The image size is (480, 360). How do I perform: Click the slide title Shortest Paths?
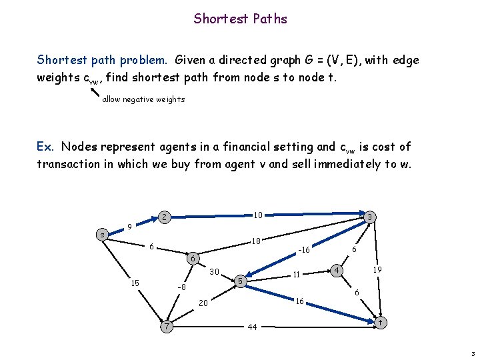(x=240, y=19)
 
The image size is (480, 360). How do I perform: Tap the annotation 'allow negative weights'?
(x=143, y=99)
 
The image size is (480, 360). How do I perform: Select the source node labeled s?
(x=101, y=235)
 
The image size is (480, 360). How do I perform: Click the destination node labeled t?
(x=379, y=322)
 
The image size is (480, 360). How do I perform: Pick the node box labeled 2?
(x=163, y=217)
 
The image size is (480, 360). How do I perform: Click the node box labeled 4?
(x=338, y=270)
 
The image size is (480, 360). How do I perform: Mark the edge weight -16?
(x=304, y=250)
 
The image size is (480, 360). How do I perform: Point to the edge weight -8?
(x=180, y=287)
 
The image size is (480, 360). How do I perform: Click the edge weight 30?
(x=214, y=271)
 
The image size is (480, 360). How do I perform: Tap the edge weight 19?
(x=377, y=269)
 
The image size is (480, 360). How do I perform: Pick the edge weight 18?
(x=255, y=241)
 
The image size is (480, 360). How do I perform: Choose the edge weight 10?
(x=257, y=215)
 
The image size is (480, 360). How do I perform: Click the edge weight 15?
(x=135, y=283)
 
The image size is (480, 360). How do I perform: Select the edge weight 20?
(x=203, y=304)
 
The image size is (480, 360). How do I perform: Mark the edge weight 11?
(x=298, y=274)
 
